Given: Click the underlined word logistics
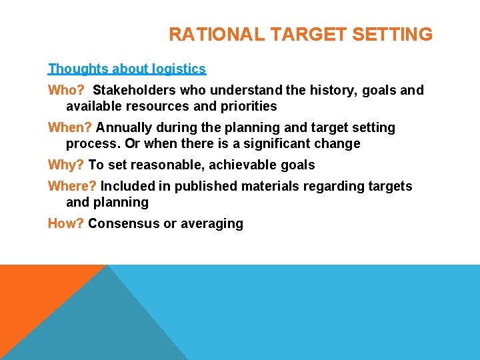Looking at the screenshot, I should tap(178, 69).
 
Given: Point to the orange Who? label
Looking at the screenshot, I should tap(65, 90).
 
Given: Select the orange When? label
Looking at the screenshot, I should tap(69, 127).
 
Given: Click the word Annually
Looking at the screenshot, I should tap(125, 127).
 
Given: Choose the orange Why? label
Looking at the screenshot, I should tap(66, 165).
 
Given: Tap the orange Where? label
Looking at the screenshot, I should tap(72, 186).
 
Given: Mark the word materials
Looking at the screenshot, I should tap(269, 186).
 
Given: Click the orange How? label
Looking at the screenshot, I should tap(65, 223).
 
